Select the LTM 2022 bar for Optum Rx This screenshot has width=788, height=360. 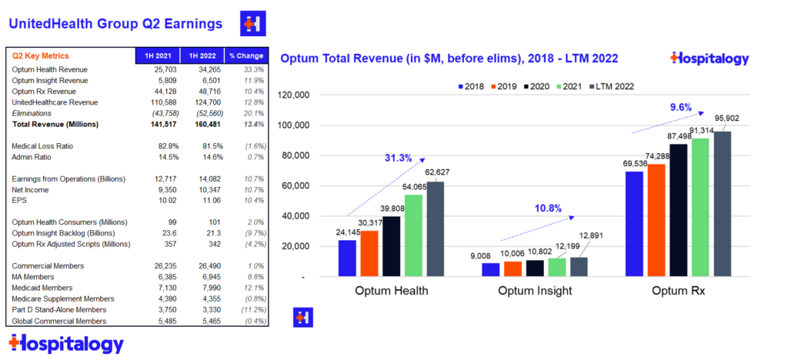[722, 204]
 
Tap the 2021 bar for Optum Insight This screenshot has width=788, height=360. [557, 267]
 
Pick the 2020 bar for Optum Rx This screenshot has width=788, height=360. [678, 210]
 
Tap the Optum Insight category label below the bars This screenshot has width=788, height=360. [535, 291]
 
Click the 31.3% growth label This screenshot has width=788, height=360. [399, 158]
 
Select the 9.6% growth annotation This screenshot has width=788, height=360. [680, 107]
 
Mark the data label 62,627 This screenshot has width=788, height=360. [437, 172]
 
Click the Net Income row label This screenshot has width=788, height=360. [30, 190]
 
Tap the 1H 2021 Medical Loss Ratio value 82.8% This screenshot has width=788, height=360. [167, 146]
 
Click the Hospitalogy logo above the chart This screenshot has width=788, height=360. [710, 58]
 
